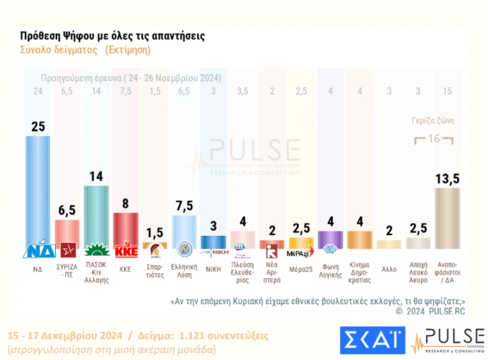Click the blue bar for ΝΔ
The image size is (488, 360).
click(x=37, y=191)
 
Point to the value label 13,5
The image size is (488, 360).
click(x=447, y=177)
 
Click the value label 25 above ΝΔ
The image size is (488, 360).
click(x=37, y=126)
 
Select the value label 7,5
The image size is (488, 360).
click(x=184, y=205)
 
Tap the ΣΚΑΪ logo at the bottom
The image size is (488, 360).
click(x=371, y=340)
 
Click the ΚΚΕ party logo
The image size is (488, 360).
click(x=126, y=250)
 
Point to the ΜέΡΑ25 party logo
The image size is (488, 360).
click(x=301, y=252)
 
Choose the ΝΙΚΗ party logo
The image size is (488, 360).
click(x=213, y=249)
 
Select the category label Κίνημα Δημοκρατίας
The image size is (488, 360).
click(x=360, y=272)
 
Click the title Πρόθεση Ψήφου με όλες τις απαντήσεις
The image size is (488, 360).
click(x=113, y=35)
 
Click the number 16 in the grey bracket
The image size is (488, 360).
click(x=434, y=138)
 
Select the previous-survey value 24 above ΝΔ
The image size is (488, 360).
click(x=37, y=91)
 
